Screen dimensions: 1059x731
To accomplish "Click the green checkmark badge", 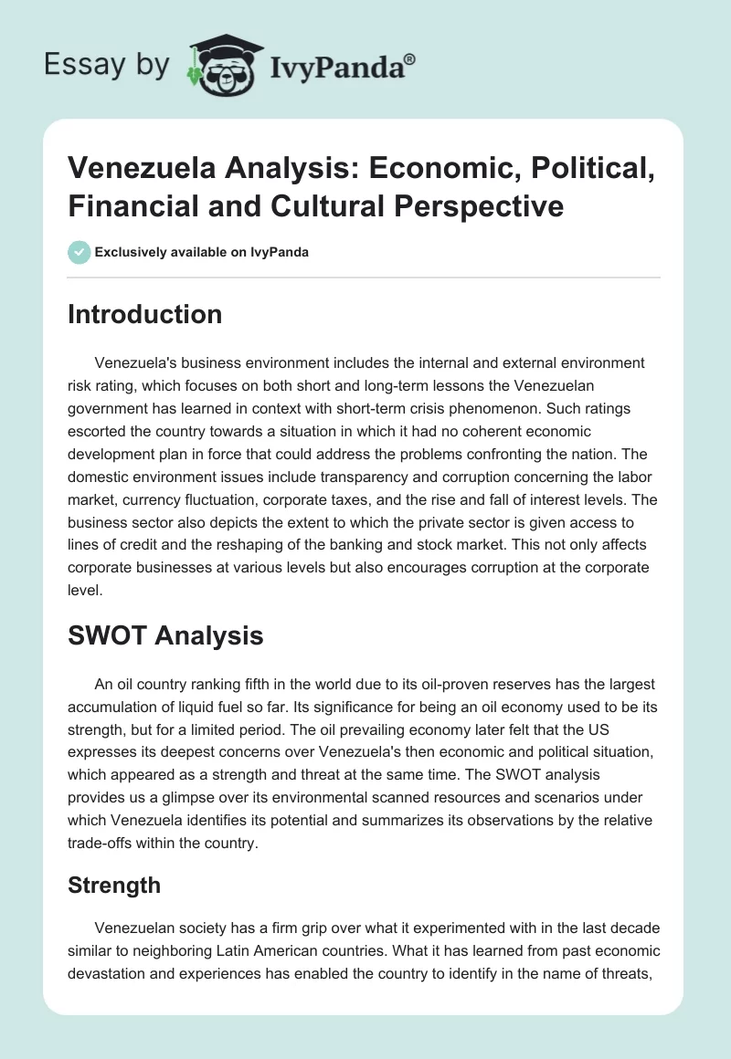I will tap(79, 252).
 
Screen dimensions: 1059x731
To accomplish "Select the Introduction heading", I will tap(145, 315).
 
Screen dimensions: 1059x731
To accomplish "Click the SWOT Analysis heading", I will tap(165, 635).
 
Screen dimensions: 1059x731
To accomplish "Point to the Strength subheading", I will tap(114, 885).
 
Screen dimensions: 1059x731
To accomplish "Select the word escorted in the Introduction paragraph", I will tap(101, 432).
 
